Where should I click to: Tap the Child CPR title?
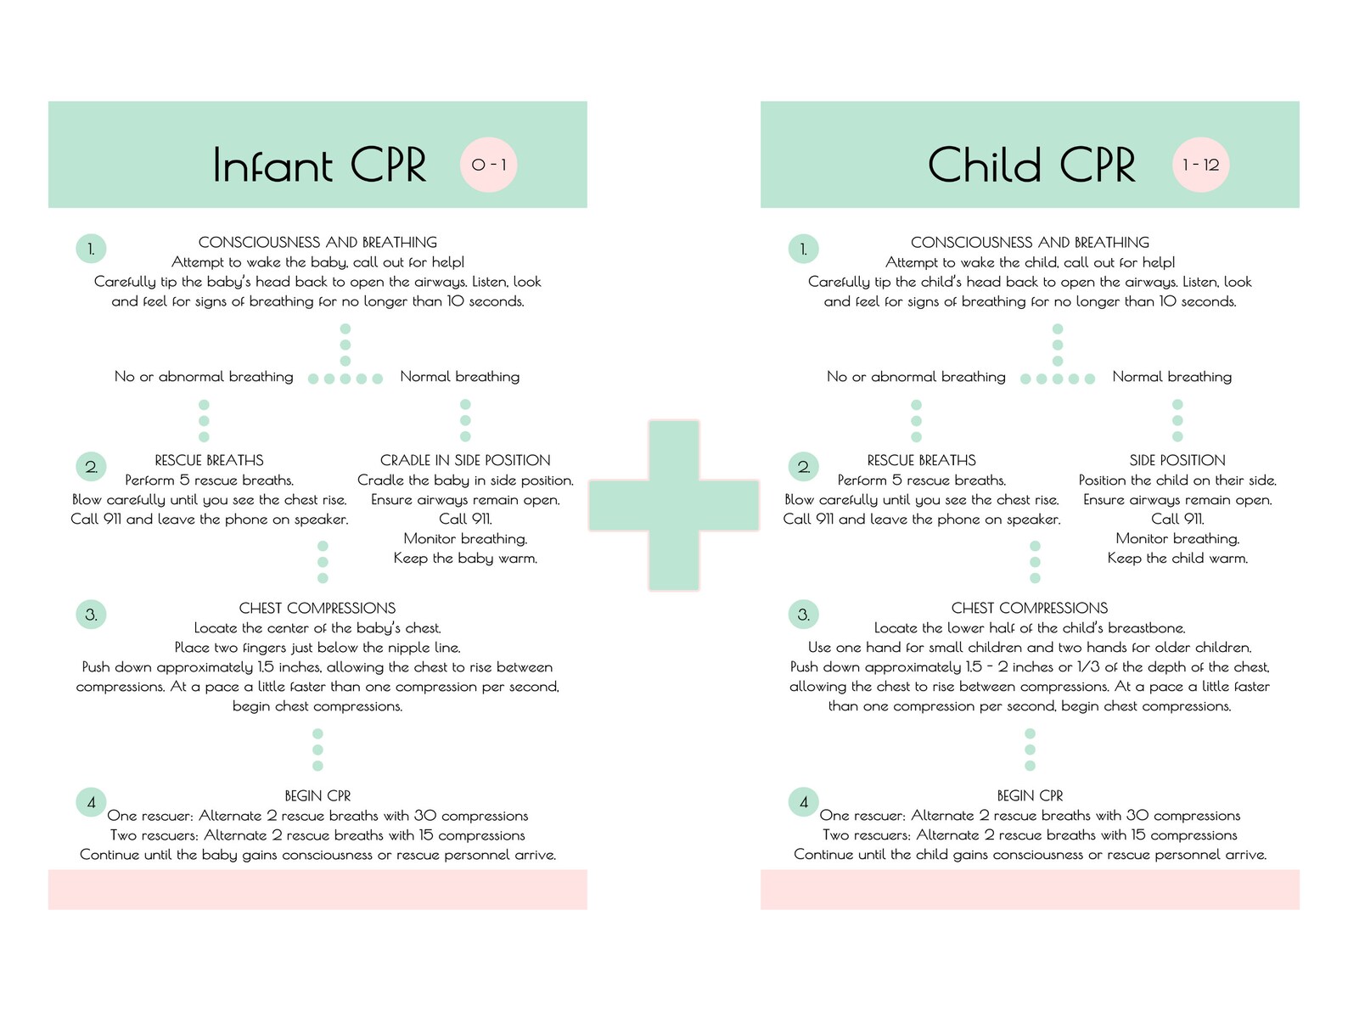[x=1031, y=165]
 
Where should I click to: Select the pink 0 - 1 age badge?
[x=488, y=165]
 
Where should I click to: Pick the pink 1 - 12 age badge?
[x=1200, y=165]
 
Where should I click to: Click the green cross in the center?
[x=674, y=505]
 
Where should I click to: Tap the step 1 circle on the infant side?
[x=91, y=249]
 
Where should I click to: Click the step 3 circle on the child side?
[x=803, y=615]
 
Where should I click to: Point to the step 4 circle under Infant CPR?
[x=91, y=802]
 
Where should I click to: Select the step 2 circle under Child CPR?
[x=803, y=467]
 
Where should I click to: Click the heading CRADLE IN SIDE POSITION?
[x=465, y=460]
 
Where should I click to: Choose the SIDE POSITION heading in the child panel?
[x=1177, y=460]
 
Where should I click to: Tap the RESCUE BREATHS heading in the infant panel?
[x=209, y=460]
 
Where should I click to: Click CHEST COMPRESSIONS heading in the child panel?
[x=1030, y=608]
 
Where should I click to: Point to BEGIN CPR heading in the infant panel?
[x=317, y=795]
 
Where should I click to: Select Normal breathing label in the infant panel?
[x=460, y=377]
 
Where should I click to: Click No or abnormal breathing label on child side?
[x=916, y=377]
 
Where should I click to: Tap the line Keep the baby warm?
[x=465, y=559]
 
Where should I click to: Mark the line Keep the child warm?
[x=1177, y=559]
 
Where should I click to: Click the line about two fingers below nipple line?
[x=317, y=648]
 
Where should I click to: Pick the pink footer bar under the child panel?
[x=1030, y=890]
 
